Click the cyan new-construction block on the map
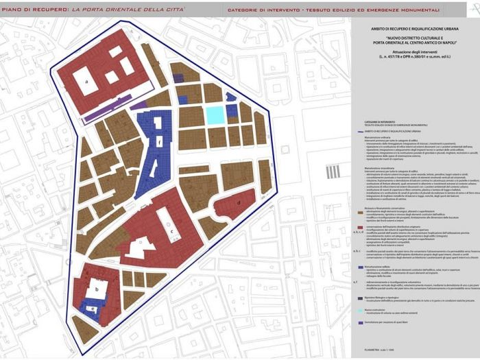coord(215,115)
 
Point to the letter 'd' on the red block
coord(238,203)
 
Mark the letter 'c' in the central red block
coord(171,231)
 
